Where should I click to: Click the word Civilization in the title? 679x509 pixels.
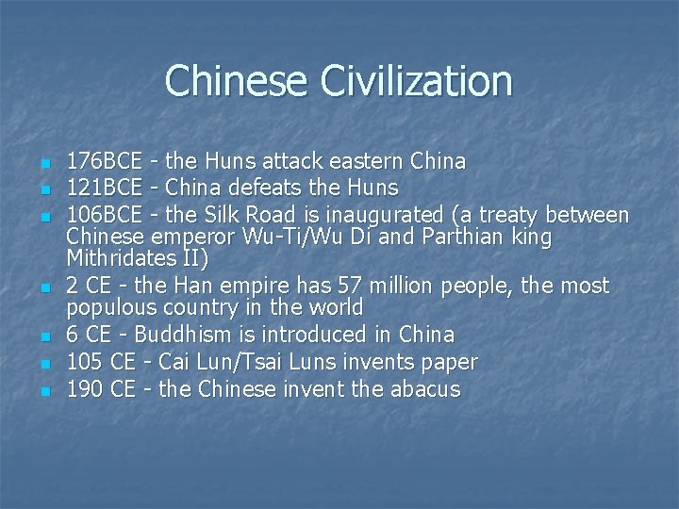pyautogui.click(x=417, y=81)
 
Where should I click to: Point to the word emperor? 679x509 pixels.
pyautogui.click(x=192, y=236)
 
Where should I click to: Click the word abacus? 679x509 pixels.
pyautogui.click(x=422, y=389)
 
